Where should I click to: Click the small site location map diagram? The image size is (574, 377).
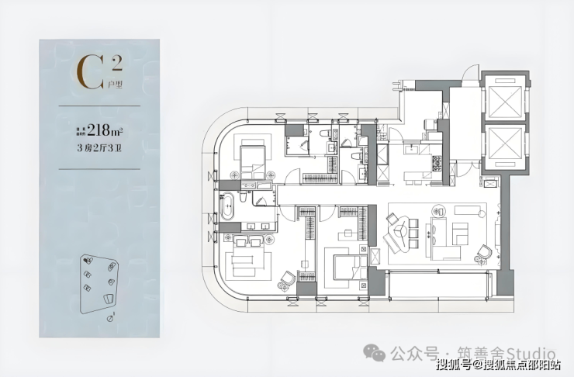[100, 283]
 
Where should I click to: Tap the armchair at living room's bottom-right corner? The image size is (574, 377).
[484, 251]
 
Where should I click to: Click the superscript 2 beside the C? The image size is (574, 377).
[115, 61]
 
